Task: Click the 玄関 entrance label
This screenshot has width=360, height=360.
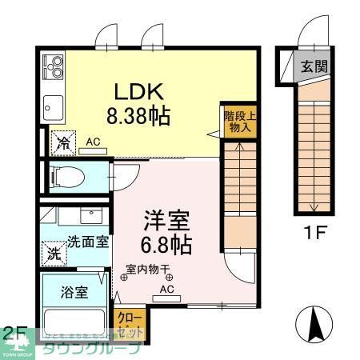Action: (313, 66)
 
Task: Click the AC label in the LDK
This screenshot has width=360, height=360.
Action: (94, 142)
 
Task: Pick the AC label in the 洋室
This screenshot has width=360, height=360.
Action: (167, 289)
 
